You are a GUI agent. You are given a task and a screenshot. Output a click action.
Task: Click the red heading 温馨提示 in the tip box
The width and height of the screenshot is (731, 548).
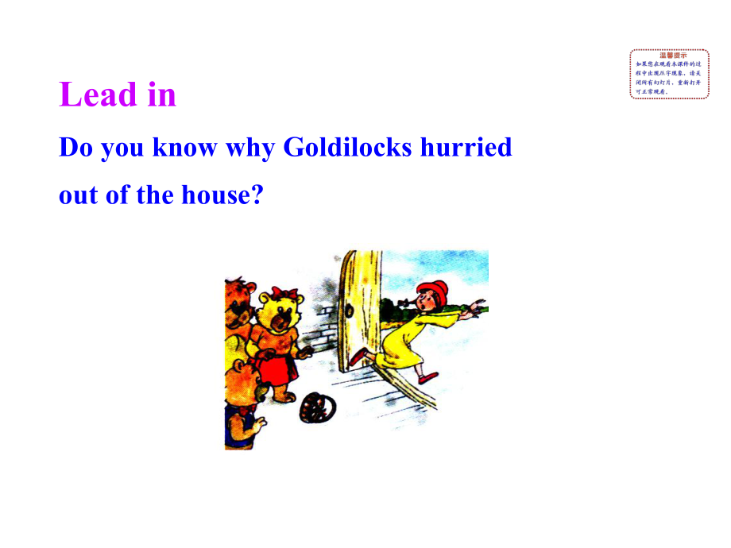669,55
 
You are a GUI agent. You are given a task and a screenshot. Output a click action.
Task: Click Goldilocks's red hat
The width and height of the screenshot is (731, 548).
434,288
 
